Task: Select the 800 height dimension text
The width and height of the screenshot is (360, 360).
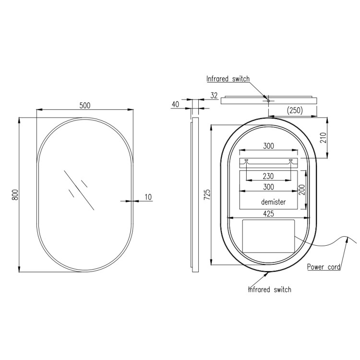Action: coord(14,194)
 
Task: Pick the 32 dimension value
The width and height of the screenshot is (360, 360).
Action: coord(214,96)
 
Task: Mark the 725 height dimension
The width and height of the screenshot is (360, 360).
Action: coord(207,194)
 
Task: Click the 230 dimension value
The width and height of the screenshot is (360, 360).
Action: coord(268,176)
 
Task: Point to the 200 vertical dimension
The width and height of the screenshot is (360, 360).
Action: coord(302,190)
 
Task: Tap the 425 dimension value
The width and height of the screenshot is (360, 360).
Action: coord(268,214)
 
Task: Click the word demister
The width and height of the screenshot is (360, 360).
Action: coord(273,202)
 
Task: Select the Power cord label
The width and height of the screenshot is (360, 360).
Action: coord(324,267)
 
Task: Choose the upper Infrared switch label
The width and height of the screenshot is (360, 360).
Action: coord(228,79)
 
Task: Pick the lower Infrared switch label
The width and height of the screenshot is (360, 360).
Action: coord(269,289)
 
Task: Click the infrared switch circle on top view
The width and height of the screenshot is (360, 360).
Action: coord(268,101)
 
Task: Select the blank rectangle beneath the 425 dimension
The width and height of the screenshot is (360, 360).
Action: coord(268,236)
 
